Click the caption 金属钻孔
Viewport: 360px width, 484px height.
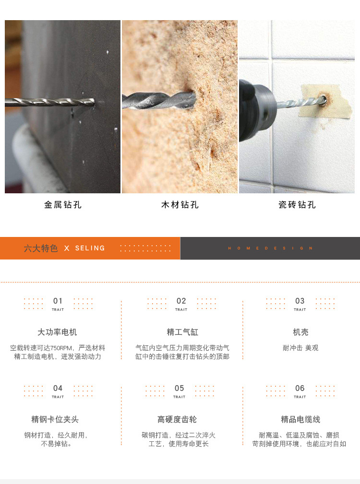point(63,205)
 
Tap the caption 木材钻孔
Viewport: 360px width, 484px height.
point(180,205)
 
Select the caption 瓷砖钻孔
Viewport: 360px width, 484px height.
point(297,205)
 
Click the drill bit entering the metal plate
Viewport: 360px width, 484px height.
point(50,102)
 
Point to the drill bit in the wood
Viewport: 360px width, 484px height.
point(159,101)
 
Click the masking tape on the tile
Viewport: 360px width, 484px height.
point(326,101)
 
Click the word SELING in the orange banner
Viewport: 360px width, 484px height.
point(90,248)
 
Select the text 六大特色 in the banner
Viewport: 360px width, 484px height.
point(41,248)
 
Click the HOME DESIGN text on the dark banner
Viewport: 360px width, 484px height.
point(270,248)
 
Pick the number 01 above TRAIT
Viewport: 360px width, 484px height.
point(58,301)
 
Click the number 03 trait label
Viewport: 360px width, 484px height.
point(300,301)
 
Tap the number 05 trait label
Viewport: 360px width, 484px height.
point(179,388)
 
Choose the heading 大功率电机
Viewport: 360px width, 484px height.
point(57,332)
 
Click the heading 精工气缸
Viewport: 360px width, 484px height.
point(182,332)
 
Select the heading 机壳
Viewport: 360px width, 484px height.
point(300,332)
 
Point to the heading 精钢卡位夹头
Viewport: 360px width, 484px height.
point(55,420)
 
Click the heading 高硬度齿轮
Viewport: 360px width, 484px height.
point(177,420)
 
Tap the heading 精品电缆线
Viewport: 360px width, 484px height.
point(300,420)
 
